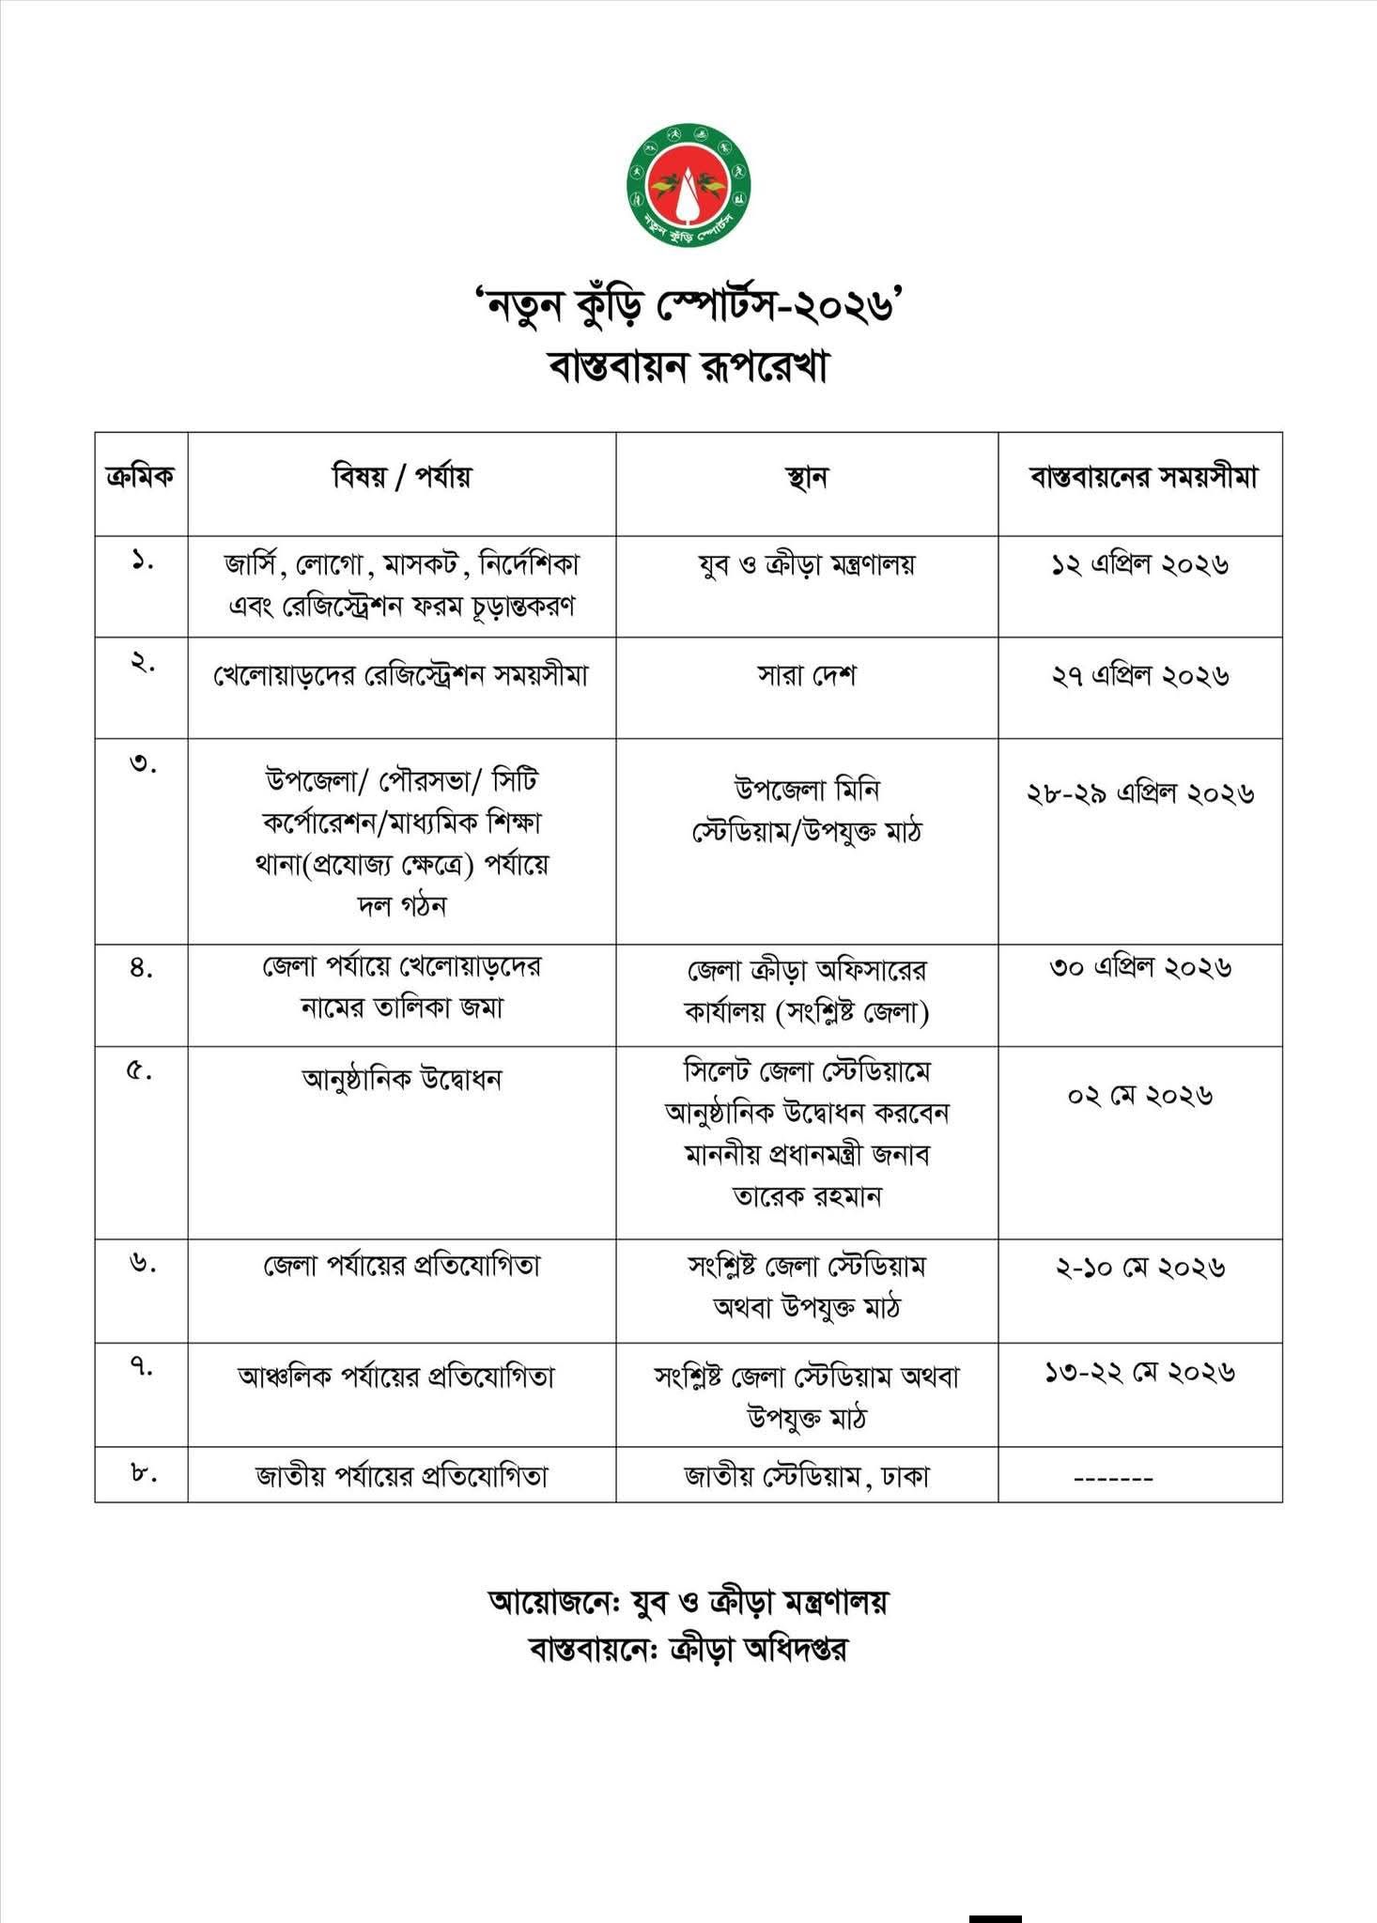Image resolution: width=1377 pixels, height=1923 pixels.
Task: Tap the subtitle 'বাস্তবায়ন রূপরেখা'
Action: [x=688, y=366]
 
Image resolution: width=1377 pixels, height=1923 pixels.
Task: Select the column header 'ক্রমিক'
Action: [x=141, y=477]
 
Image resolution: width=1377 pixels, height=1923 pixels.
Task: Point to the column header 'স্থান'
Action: [x=807, y=478]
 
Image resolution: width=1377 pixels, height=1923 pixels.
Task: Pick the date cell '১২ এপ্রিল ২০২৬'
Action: [x=1139, y=564]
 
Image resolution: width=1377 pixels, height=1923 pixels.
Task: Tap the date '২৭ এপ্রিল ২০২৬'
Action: [x=1139, y=676]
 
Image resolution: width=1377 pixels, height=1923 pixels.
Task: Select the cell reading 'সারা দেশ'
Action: [x=807, y=676]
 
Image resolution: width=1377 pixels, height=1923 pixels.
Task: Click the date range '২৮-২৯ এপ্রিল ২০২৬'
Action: [x=1140, y=793]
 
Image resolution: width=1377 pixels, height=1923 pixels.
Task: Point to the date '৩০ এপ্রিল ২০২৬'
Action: [x=1139, y=967]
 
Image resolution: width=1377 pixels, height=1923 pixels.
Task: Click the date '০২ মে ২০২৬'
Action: [x=1139, y=1096]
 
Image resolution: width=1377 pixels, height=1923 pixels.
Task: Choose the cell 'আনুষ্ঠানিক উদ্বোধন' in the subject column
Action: [x=402, y=1080]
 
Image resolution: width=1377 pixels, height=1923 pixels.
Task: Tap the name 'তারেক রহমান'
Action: [x=807, y=1196]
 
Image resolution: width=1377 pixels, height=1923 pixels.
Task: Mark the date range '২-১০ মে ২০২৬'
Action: [x=1139, y=1268]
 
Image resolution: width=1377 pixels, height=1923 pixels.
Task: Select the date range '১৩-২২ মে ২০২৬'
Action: [x=1139, y=1373]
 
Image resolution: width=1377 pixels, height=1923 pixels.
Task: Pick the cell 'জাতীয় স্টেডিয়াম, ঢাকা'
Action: [x=807, y=1477]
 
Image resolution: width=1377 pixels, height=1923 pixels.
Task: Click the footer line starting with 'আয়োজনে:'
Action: [x=688, y=1601]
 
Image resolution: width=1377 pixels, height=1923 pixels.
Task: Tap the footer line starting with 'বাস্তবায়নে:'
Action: [x=688, y=1650]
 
